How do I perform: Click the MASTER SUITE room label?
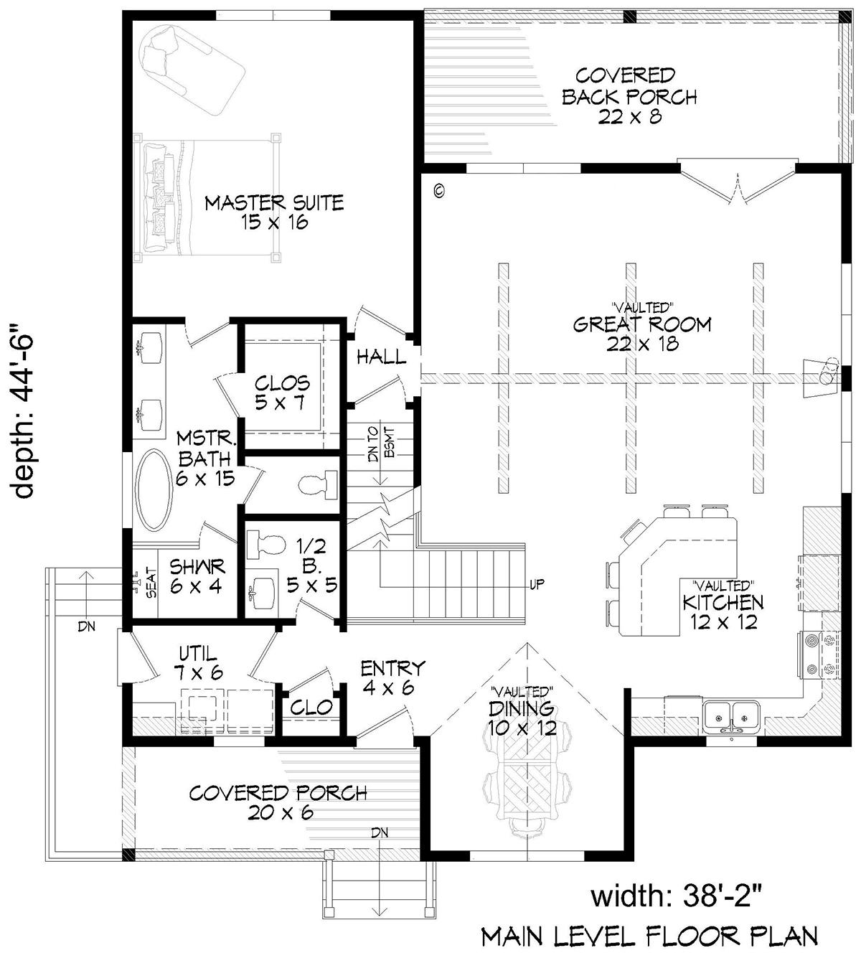click(x=274, y=212)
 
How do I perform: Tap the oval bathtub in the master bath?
click(x=154, y=490)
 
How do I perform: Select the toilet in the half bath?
click(x=265, y=545)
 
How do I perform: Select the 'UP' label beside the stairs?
click(x=537, y=584)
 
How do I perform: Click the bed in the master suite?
click(x=207, y=197)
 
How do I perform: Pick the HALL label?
click(x=382, y=357)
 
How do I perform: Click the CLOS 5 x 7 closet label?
click(x=282, y=393)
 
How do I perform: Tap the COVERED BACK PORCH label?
click(x=629, y=95)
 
